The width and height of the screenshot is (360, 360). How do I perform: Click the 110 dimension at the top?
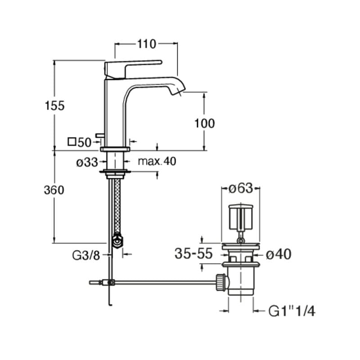[x=147, y=44]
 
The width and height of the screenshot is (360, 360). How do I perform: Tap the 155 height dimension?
[x=55, y=106]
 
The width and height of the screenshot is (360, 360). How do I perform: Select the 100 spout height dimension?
[x=205, y=122]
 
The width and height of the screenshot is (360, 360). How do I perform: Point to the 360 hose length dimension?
[x=54, y=190]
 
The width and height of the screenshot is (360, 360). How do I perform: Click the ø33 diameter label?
[x=87, y=162]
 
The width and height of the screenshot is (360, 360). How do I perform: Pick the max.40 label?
[x=157, y=161]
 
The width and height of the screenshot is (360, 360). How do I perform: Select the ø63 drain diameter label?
[x=241, y=189]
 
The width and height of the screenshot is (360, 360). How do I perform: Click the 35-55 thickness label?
[x=193, y=254]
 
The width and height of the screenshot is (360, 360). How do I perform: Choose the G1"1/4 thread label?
[x=291, y=310]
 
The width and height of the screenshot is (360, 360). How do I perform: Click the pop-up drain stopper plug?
[x=242, y=216]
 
